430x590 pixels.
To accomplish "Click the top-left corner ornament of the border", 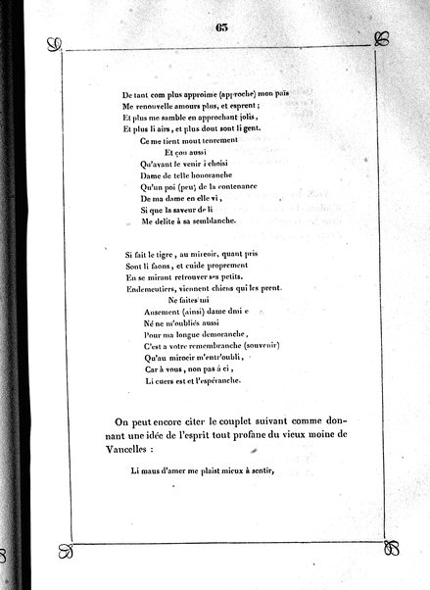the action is (54, 44).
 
